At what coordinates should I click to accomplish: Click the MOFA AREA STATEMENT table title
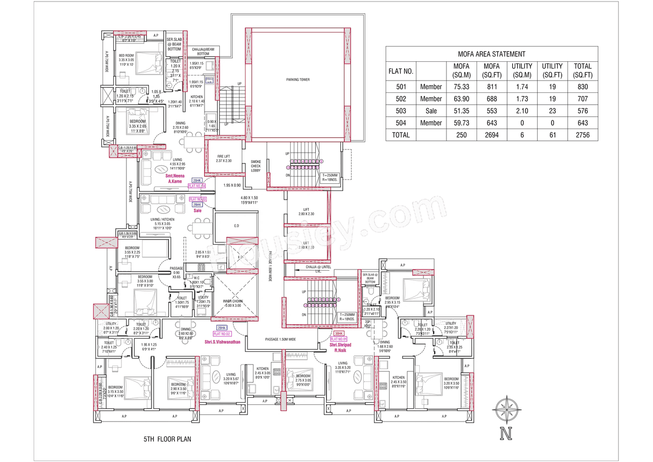(491, 54)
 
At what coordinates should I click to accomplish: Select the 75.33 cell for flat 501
(458, 87)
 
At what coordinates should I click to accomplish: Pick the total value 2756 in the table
(583, 135)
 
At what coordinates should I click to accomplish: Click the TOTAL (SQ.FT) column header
(583, 70)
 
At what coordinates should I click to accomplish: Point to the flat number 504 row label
(400, 123)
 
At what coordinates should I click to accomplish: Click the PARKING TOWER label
(297, 80)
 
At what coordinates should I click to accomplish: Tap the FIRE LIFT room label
(223, 158)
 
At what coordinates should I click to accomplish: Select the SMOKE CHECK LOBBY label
(255, 166)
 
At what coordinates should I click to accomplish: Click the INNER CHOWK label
(234, 303)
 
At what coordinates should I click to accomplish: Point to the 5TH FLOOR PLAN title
(167, 439)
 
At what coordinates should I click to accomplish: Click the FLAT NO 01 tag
(338, 339)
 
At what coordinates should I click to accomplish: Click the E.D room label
(236, 225)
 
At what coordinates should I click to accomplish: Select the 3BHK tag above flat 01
(339, 333)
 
